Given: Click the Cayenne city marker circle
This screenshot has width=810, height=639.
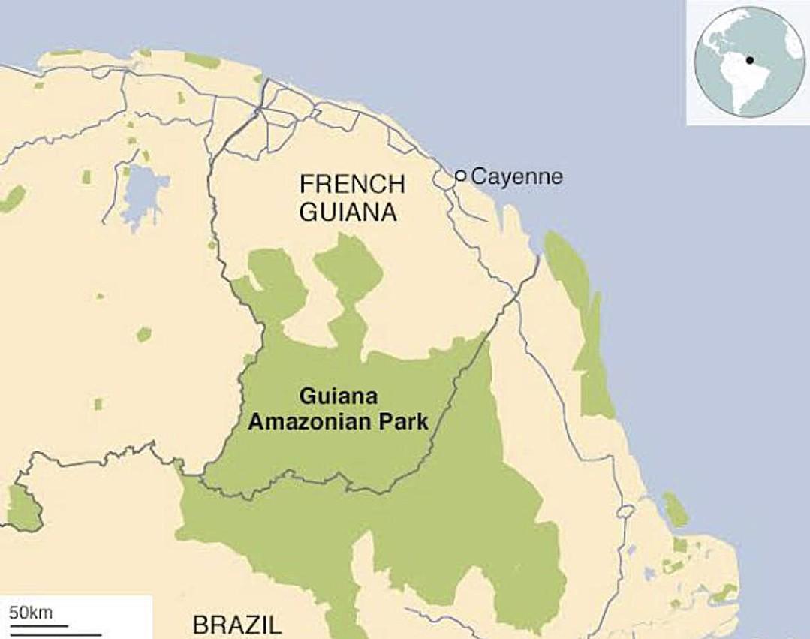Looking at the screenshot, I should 461,176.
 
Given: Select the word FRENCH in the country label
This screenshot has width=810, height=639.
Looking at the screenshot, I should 351,184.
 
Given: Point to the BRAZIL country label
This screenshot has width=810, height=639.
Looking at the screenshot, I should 237,625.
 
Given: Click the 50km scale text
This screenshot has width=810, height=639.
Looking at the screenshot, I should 31,612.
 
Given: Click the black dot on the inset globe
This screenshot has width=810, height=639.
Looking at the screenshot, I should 748,60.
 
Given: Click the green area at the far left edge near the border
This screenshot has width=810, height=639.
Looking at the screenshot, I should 23,507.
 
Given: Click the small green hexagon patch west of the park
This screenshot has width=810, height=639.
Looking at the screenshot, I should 143,334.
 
